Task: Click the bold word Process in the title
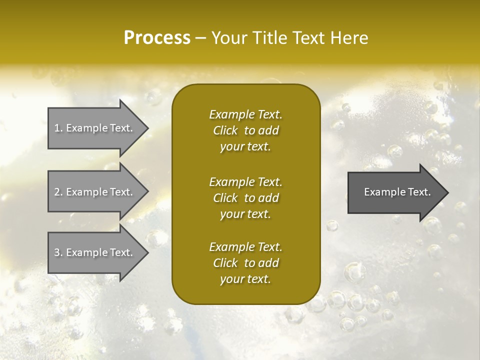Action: click(x=157, y=38)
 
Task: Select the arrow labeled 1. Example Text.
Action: click(x=95, y=128)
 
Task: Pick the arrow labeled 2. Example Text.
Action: click(x=95, y=192)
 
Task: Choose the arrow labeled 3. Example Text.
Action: click(x=95, y=252)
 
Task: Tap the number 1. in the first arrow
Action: click(x=58, y=128)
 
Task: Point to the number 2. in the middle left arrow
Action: click(x=58, y=192)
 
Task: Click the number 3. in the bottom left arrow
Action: click(x=58, y=252)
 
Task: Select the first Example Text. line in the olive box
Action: click(x=245, y=114)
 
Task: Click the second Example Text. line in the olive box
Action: click(x=245, y=181)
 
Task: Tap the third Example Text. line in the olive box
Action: click(x=245, y=247)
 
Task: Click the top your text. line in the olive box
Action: click(x=245, y=147)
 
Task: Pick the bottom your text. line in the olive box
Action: click(x=245, y=279)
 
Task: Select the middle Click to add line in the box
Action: click(x=245, y=198)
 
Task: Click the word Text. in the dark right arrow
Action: click(x=419, y=192)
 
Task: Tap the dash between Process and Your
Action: click(x=201, y=38)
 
